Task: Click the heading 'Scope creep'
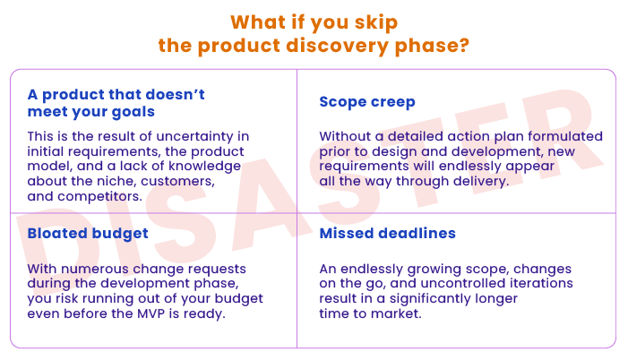pyautogui.click(x=367, y=102)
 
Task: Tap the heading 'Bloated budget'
pyautogui.click(x=88, y=234)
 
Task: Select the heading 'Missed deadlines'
pyautogui.click(x=387, y=233)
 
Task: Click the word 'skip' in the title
pyautogui.click(x=375, y=22)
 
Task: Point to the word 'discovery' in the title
pyautogui.click(x=337, y=46)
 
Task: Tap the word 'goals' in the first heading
pyautogui.click(x=133, y=112)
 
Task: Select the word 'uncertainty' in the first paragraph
pyautogui.click(x=194, y=136)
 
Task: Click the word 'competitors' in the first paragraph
pyautogui.click(x=99, y=197)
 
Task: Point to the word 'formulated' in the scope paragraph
pyautogui.click(x=564, y=136)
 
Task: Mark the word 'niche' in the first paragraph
pyautogui.click(x=116, y=182)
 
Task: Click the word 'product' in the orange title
pyautogui.click(x=238, y=47)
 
